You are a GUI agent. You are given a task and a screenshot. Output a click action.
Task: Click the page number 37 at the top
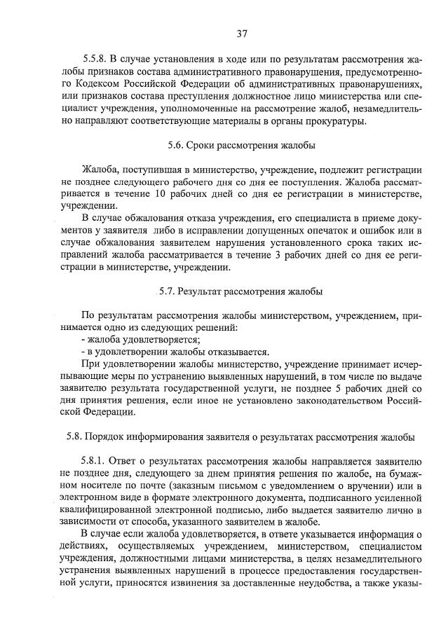click(x=243, y=33)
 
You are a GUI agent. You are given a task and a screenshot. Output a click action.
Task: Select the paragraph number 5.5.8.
click(x=95, y=58)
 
